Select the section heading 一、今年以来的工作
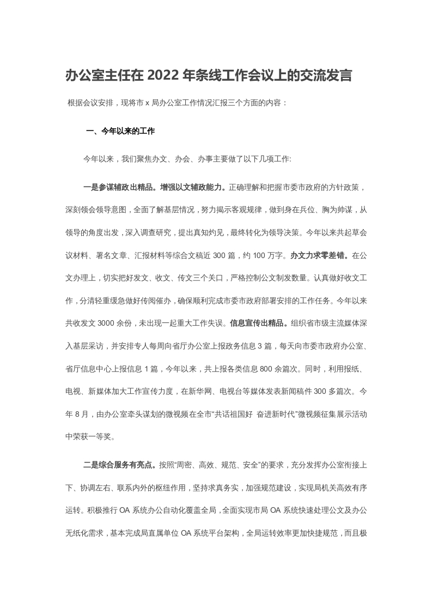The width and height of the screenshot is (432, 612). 121,131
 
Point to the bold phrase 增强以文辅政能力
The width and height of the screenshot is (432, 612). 193,188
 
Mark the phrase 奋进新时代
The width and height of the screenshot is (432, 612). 284,413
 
